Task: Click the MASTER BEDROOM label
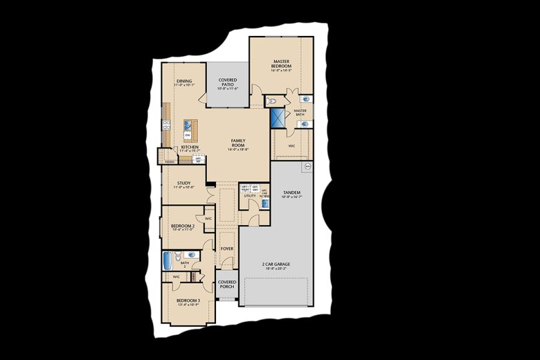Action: [x=281, y=64]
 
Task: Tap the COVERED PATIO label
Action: [x=227, y=83]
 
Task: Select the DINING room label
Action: [x=184, y=83]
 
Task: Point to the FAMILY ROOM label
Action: [x=238, y=145]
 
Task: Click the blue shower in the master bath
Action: [x=277, y=117]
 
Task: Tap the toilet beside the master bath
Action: [x=271, y=101]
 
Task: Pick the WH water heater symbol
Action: [x=308, y=166]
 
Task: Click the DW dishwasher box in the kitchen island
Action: [x=188, y=136]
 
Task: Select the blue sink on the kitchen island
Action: [x=188, y=125]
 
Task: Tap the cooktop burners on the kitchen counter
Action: [x=166, y=125]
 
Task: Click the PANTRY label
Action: [x=169, y=161]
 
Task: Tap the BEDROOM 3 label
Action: [x=188, y=302]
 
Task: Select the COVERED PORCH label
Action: [x=227, y=284]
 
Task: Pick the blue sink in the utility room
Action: [x=265, y=204]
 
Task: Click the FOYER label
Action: [x=227, y=248]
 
